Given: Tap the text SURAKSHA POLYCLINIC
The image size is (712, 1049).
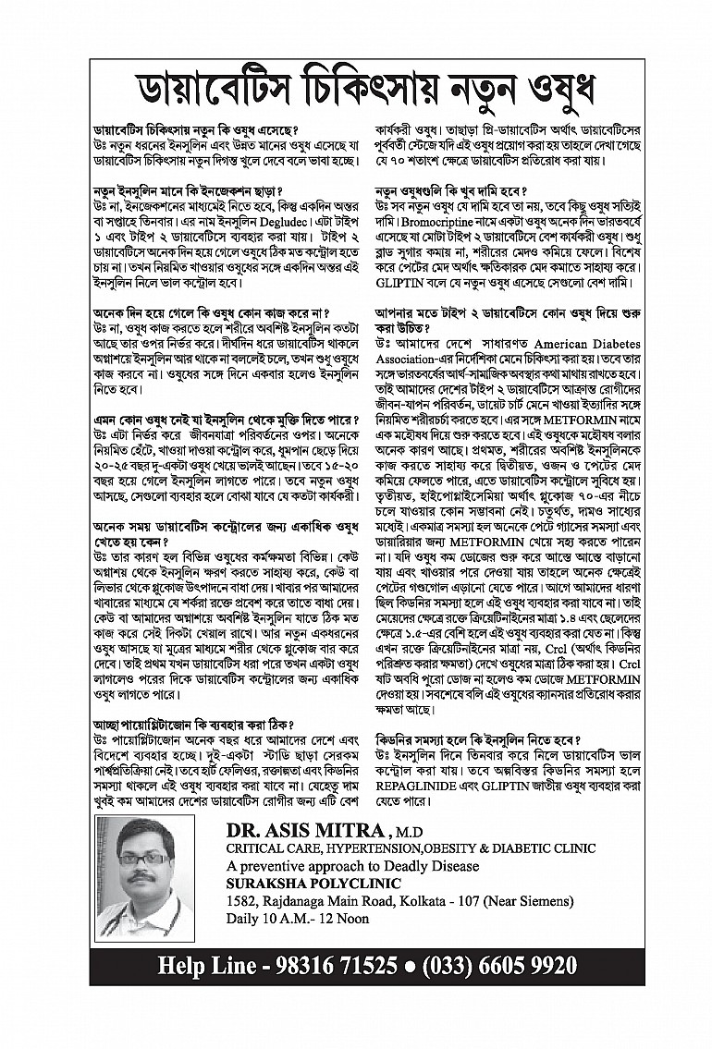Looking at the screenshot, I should pos(306,883).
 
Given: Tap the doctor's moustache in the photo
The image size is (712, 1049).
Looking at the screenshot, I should pos(142,876).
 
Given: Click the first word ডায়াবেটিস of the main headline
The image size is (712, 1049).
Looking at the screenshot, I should pos(194,91).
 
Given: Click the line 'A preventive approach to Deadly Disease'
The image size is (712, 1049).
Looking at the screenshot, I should pos(352,866).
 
